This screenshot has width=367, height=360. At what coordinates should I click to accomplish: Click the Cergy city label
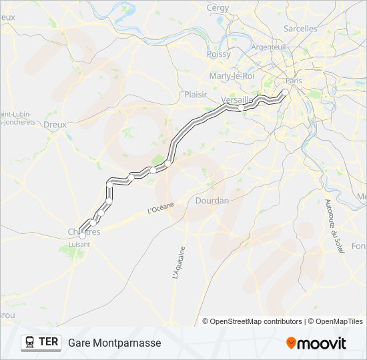(x=218, y=8)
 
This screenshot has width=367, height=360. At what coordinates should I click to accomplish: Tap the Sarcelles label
(x=300, y=29)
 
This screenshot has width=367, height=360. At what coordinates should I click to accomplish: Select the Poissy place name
(x=219, y=54)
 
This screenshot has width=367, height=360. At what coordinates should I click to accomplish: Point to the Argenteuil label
(x=268, y=47)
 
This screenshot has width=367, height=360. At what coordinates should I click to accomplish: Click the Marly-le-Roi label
(x=232, y=76)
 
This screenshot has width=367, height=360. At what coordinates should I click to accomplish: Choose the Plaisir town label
(x=196, y=95)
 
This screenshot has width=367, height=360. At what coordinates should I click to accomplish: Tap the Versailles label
(x=237, y=99)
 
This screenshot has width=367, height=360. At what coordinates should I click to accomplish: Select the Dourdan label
(x=212, y=200)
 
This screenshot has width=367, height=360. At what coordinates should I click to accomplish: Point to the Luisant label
(x=79, y=244)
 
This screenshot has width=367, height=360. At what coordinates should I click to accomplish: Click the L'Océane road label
(x=160, y=209)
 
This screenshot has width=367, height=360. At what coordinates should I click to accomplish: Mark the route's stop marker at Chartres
(x=83, y=235)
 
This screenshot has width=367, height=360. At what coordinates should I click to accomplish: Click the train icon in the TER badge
(x=30, y=343)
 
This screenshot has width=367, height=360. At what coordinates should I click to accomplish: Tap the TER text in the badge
(x=48, y=343)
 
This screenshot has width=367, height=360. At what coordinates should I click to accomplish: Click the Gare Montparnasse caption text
(x=114, y=343)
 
